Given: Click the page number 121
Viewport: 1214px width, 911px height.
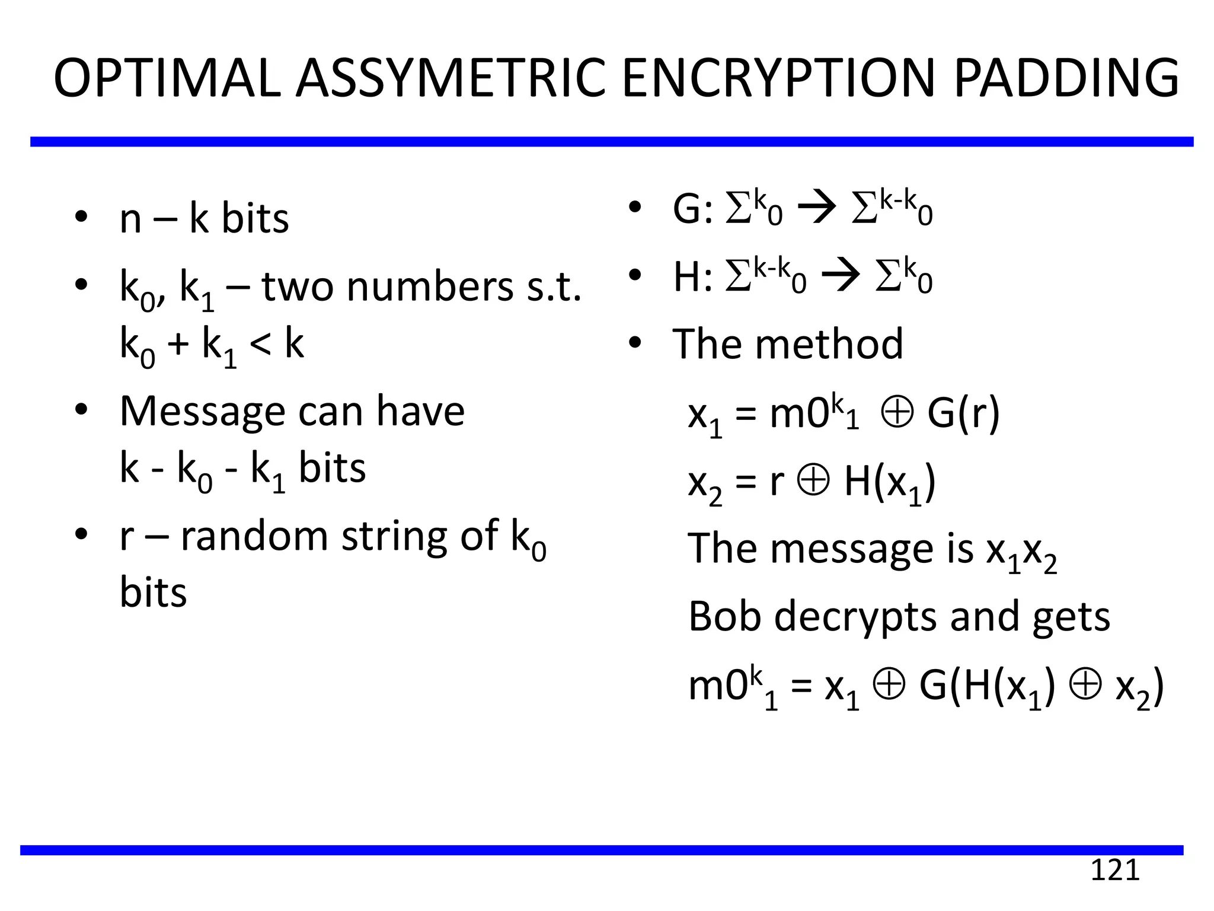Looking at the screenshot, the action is [x=1115, y=870].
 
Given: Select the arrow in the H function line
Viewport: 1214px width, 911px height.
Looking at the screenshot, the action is [x=841, y=276].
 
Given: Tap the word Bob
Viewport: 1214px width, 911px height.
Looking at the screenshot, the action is [x=724, y=616].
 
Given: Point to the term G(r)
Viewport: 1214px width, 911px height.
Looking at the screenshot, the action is [x=963, y=413].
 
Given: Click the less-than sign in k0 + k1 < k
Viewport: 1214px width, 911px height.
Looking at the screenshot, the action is [x=260, y=344].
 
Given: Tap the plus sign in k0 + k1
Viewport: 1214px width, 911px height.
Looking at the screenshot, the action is [x=178, y=345].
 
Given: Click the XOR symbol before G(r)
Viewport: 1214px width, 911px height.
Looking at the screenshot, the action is [x=897, y=412].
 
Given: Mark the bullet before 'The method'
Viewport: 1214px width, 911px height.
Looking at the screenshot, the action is [x=635, y=342].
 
